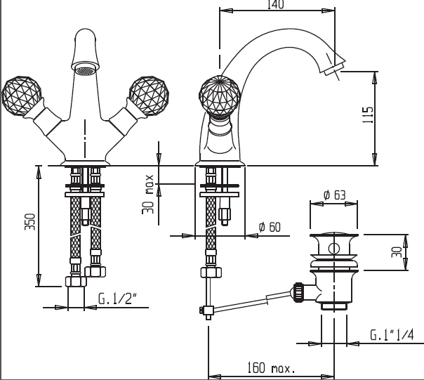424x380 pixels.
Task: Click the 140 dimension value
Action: pyautogui.click(x=276, y=5)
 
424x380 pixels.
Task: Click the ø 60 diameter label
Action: pyautogui.click(x=270, y=227)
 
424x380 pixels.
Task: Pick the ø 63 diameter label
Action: pyautogui.click(x=334, y=195)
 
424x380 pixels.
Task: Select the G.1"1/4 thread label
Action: pyautogui.click(x=392, y=336)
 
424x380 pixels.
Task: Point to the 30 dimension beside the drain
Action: pyautogui.click(x=397, y=251)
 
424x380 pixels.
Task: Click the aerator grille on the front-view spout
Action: pyautogui.click(x=84, y=70)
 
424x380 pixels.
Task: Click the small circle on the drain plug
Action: pyautogui.click(x=334, y=247)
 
